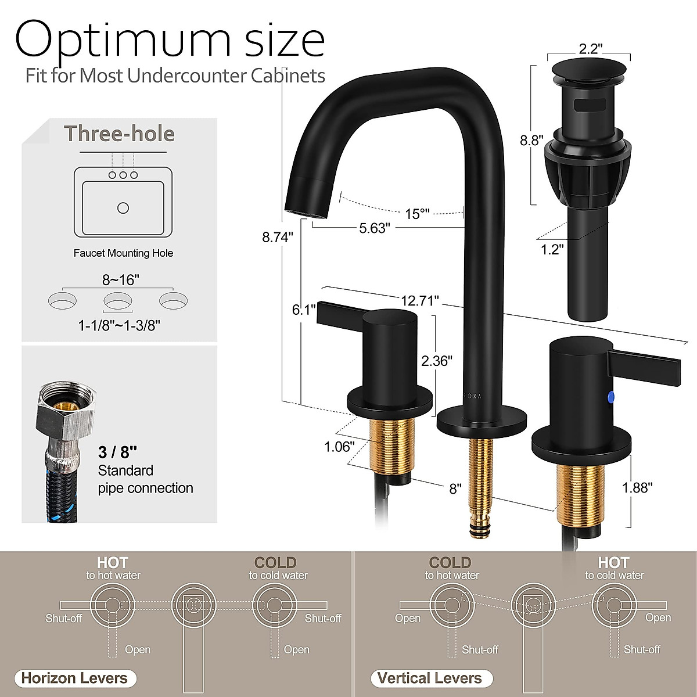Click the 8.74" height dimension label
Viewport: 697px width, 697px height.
tap(277, 238)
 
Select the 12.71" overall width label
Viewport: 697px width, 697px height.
tap(419, 300)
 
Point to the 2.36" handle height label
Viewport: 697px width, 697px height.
tap(436, 361)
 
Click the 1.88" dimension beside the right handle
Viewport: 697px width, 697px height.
tap(637, 487)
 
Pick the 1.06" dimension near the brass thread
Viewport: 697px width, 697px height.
tap(339, 447)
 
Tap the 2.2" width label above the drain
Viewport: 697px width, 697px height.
tap(589, 49)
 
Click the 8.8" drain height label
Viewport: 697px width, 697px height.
tap(531, 140)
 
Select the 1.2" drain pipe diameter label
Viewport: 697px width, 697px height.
tap(552, 249)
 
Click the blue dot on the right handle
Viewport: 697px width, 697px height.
tap(609, 397)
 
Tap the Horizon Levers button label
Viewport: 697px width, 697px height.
tap(74, 678)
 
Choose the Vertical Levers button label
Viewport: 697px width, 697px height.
tap(430, 678)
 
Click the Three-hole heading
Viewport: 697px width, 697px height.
tap(119, 134)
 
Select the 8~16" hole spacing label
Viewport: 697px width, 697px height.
tap(121, 280)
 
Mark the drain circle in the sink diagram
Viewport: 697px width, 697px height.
tap(123, 207)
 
